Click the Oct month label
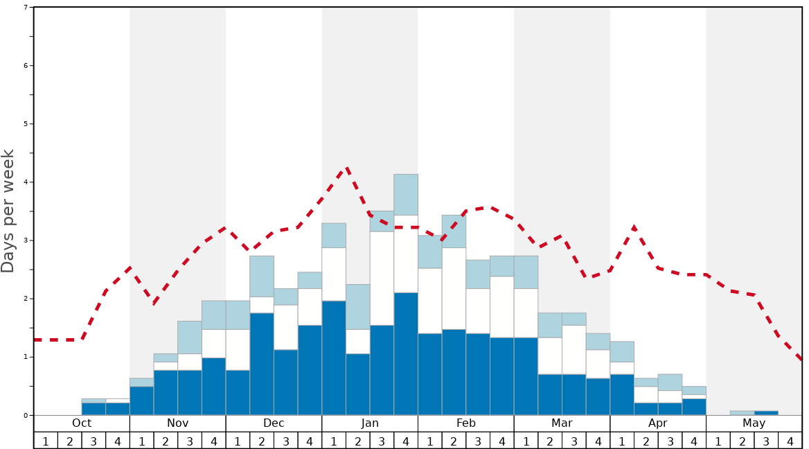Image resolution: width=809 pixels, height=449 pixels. pos(82,423)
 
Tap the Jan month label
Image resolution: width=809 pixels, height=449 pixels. pos(370,423)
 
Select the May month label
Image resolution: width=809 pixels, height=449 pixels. pos(754,423)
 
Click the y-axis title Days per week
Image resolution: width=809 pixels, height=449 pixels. pos(8,211)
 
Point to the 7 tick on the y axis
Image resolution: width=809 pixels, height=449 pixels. pos(26,7)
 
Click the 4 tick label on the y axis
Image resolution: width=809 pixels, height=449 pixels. pos(26,182)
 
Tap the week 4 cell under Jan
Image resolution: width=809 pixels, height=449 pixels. pos(406,441)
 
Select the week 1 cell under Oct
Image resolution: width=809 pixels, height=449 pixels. pos(46,441)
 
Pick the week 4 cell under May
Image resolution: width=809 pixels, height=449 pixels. pos(790,441)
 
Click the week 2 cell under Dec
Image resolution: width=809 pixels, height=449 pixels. pos(262,441)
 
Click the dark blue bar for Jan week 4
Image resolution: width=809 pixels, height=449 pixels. pos(406,353)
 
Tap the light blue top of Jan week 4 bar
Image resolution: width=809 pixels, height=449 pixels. pos(406,195)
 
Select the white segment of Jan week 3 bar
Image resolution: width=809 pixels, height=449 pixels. pos(382,278)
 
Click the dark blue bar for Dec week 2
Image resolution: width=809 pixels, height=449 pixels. pos(262,364)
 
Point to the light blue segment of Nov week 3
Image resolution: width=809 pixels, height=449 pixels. pos(190,337)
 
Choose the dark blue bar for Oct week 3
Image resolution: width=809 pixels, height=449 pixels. pos(94,409)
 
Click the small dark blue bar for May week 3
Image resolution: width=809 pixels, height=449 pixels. pos(766,413)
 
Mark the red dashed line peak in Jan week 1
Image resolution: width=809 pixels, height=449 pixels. pos(346,168)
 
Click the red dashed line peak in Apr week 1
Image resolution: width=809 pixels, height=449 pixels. pos(634,227)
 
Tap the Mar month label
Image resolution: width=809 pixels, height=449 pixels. pos(562,423)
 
